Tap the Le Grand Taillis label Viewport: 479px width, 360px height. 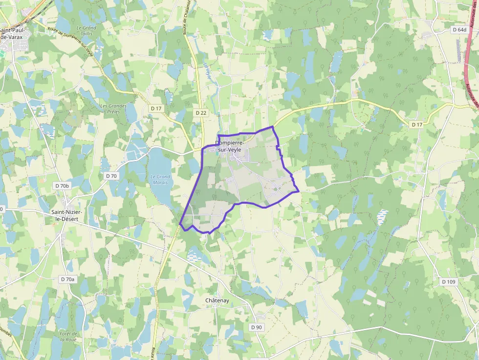tap(87, 31)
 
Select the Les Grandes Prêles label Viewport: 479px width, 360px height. tap(113, 108)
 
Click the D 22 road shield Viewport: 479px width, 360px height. tap(201, 113)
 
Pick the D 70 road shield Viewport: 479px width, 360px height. tap(111, 176)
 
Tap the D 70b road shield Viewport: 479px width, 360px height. tap(63, 186)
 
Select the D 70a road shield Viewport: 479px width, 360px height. tap(68, 279)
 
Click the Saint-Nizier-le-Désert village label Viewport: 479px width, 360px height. tap(70, 215)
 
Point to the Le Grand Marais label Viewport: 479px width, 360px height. tap(160, 179)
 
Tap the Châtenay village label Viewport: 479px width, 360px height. tap(217, 300)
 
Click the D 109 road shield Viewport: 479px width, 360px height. tap(448, 282)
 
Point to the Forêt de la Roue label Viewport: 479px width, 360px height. tap(68, 336)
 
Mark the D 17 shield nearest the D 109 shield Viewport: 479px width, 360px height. tap(416, 125)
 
